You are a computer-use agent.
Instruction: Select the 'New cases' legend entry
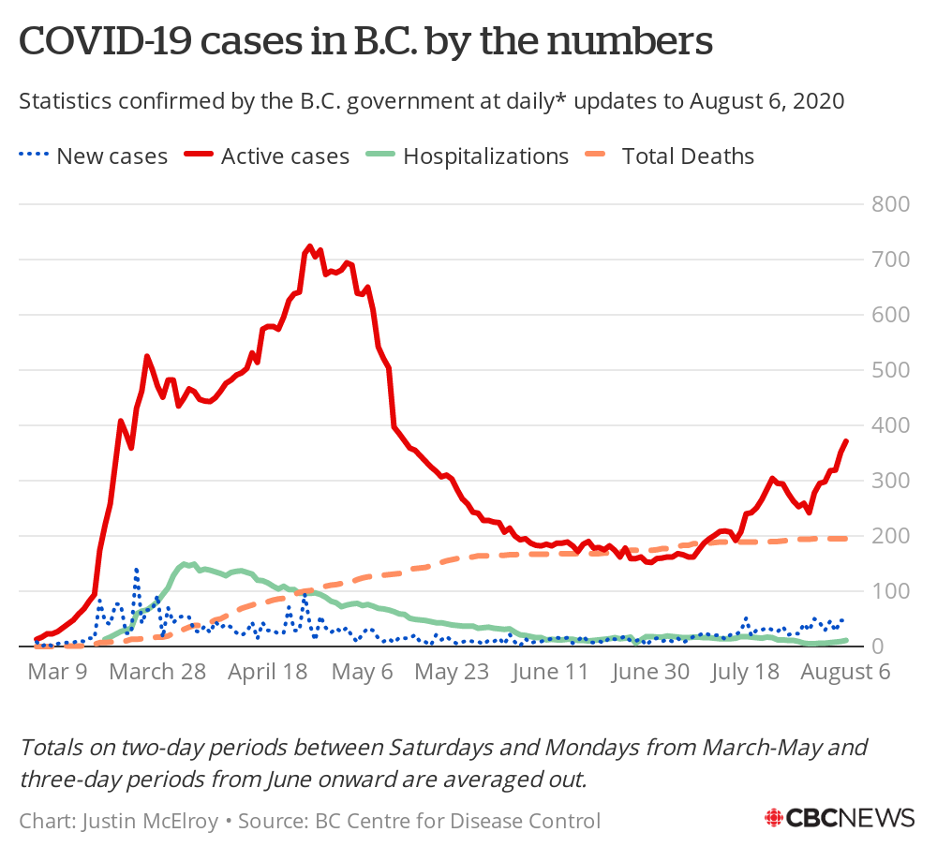[94, 156]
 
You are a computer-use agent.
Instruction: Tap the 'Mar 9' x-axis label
[58, 672]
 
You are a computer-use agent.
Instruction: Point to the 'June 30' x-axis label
[649, 672]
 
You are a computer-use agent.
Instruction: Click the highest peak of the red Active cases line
[310, 246]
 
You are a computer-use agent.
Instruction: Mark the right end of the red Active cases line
[846, 440]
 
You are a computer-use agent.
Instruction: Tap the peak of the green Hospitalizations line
[186, 563]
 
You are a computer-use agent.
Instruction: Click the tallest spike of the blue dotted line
[136, 569]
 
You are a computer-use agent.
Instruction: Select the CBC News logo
[840, 817]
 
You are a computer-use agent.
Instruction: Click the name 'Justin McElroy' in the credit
[151, 822]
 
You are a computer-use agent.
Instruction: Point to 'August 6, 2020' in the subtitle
[767, 100]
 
